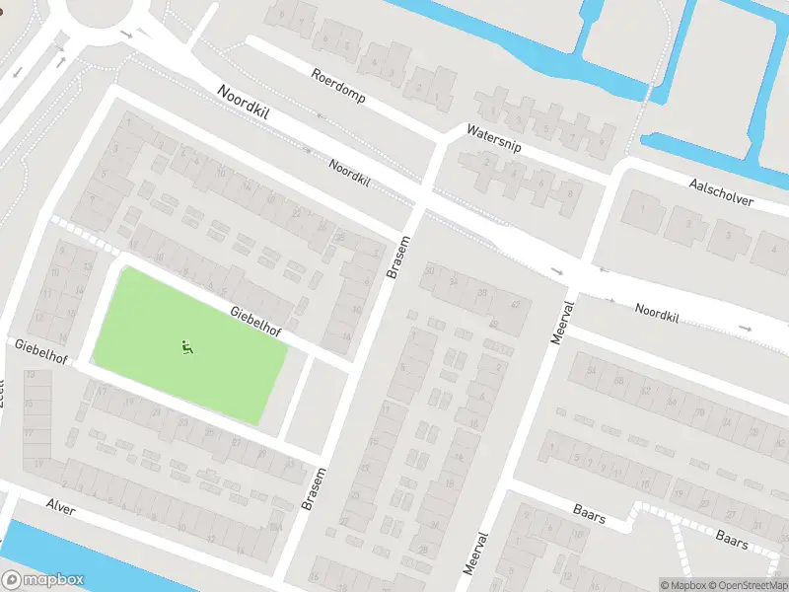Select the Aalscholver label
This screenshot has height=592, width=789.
(x=721, y=192)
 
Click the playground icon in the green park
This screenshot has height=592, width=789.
(x=186, y=346)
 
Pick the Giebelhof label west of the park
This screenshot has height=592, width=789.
(x=40, y=350)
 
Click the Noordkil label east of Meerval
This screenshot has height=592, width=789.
(x=657, y=314)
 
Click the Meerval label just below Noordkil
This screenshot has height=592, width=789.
(x=559, y=322)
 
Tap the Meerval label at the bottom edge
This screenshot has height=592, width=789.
(x=475, y=555)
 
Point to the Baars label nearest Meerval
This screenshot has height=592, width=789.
(x=589, y=513)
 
